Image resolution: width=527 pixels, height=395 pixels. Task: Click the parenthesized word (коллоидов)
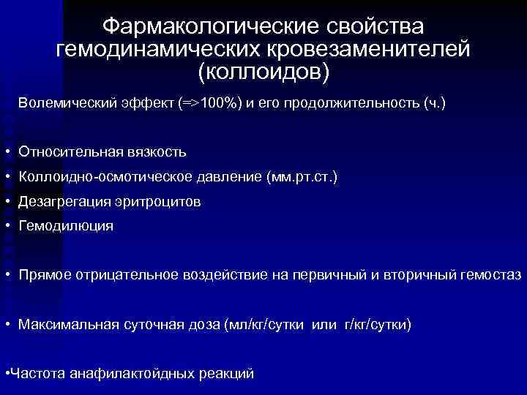(263, 72)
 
